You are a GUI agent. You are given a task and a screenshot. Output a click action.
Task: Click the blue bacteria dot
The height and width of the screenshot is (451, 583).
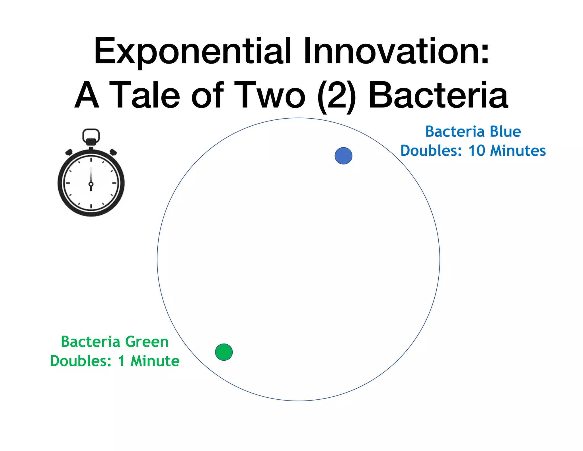pos(343,156)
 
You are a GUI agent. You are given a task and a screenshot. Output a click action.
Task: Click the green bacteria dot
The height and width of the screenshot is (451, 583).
pos(224,352)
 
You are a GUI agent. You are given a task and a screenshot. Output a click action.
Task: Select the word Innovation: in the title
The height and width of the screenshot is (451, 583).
pos(396,51)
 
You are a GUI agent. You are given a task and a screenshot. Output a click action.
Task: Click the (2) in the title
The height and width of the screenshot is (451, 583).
pos(336,96)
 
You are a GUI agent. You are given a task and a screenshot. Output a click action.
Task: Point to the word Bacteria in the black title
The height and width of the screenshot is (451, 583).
pos(438,96)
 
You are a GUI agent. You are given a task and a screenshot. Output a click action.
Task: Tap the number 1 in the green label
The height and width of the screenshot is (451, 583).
pos(121,361)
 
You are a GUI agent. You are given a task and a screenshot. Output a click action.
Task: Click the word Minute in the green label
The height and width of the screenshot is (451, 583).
pos(155,361)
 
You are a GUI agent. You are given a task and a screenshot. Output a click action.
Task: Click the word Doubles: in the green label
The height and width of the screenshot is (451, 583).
pos(81,361)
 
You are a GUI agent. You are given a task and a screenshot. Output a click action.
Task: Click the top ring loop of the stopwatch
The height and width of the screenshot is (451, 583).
pos(91,134)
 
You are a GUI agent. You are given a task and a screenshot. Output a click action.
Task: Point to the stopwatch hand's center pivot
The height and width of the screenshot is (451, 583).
pos(91,184)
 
